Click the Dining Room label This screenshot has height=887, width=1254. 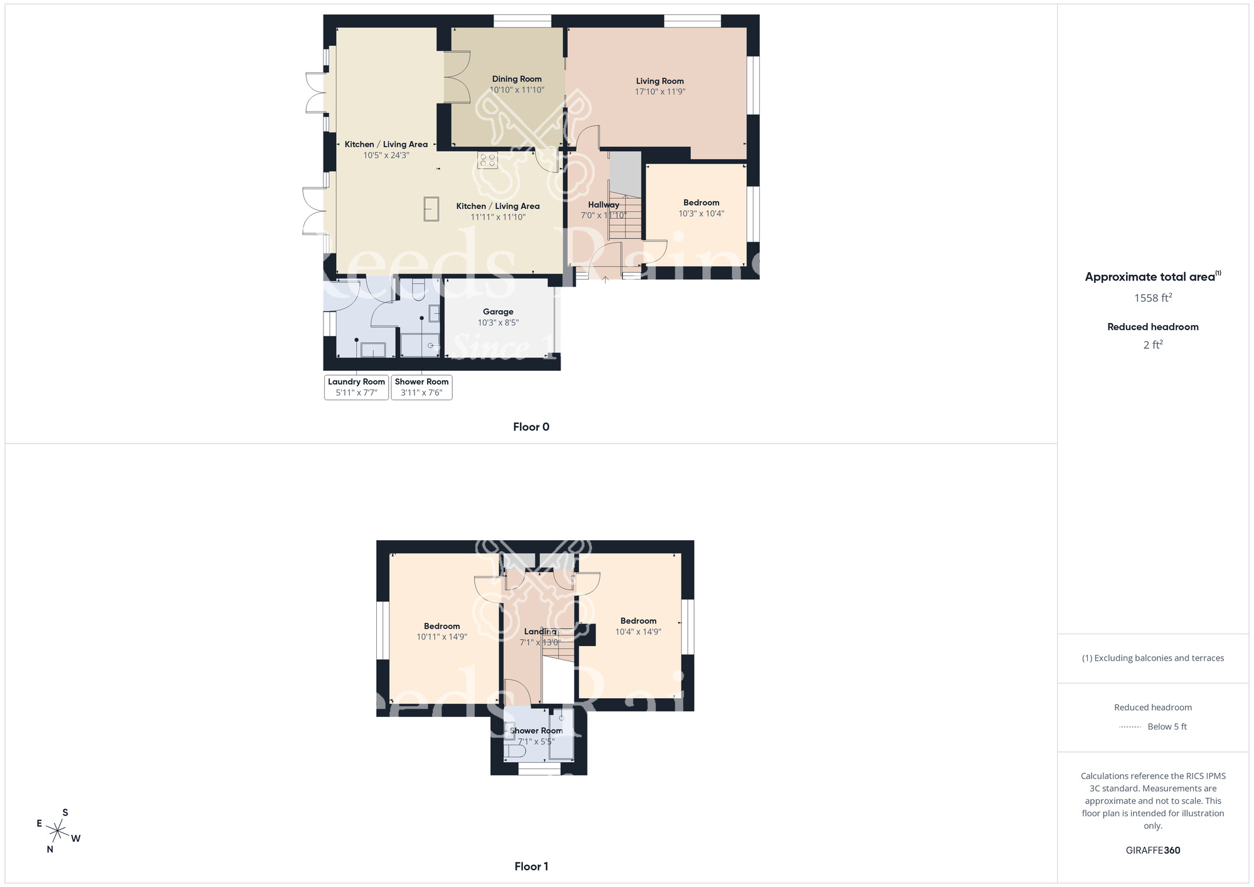517,79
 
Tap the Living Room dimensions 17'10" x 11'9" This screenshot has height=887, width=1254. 660,92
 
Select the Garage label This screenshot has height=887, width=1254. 498,312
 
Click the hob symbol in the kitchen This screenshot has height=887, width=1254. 488,160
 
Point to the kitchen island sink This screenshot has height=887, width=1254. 431,209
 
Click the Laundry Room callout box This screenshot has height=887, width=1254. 356,387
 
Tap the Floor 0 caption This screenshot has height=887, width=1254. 531,427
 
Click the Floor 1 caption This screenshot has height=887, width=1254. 531,866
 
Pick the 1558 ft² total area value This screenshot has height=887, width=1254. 1152,298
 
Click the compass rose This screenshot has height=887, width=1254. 58,832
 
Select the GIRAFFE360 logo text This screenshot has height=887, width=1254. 1152,851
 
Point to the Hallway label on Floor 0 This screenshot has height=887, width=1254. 603,204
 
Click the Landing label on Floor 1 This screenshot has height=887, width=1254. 540,632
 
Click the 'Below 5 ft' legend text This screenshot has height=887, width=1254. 1167,726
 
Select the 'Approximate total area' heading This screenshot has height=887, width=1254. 1150,277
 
